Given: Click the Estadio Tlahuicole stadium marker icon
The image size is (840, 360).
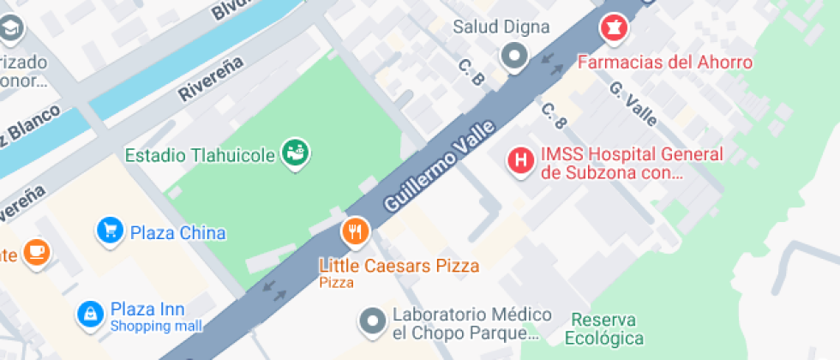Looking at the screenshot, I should (x=297, y=154).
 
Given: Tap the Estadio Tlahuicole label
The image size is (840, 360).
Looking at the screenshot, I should (x=201, y=156).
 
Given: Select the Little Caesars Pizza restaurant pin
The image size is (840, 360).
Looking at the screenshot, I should (x=355, y=231).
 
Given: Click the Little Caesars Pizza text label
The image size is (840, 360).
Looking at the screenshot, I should (x=399, y=266).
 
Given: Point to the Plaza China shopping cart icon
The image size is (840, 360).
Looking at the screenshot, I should (x=109, y=230).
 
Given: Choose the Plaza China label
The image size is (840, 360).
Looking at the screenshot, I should (x=177, y=233).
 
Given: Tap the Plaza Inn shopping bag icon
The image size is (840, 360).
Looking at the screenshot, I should (x=89, y=314).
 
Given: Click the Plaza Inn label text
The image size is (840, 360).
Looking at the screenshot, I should (x=147, y=309).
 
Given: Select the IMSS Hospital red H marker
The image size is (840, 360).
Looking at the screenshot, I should (x=519, y=159).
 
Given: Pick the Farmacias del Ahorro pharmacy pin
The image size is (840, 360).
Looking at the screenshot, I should (x=614, y=27).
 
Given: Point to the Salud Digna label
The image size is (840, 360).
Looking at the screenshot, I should (x=501, y=27).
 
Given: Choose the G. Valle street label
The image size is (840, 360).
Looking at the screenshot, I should (x=633, y=103).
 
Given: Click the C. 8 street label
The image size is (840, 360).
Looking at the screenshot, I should (x=554, y=117).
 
